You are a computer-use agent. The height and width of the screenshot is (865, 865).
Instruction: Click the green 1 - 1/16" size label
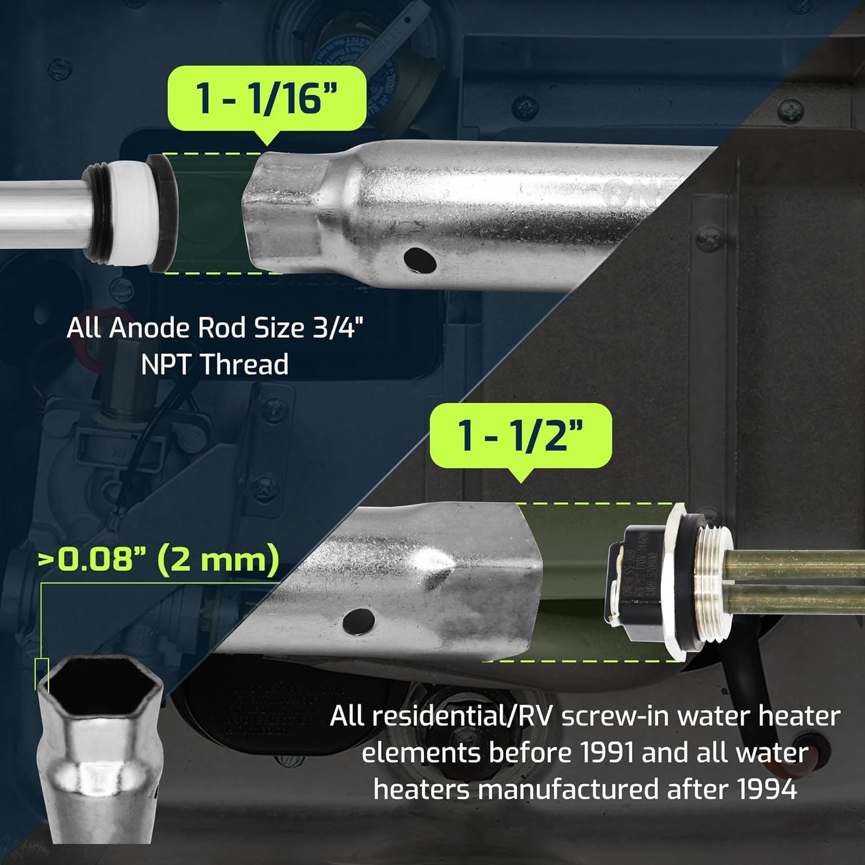266,97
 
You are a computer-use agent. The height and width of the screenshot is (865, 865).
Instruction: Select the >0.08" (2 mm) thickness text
159,559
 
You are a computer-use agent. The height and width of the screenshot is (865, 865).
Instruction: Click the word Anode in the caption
149,328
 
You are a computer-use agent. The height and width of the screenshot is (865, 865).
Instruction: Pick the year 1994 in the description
767,789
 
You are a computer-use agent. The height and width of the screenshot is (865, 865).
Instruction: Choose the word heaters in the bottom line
422,789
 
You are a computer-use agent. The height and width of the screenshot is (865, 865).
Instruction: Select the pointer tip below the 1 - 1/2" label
521,481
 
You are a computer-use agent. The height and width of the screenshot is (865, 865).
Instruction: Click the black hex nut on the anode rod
162,213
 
